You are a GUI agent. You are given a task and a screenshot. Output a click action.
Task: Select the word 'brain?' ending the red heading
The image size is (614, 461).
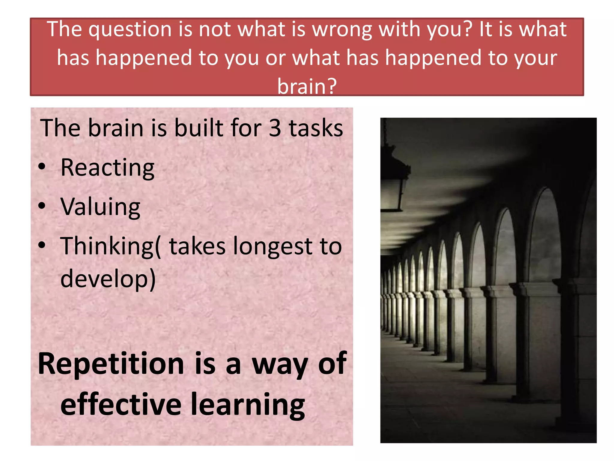pos(307,86)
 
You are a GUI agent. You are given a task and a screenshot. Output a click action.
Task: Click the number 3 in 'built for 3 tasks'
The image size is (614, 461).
pos(275,128)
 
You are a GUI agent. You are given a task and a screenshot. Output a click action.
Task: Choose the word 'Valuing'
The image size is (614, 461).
pos(100,207)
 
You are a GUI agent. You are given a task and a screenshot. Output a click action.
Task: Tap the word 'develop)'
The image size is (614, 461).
pos(108,279)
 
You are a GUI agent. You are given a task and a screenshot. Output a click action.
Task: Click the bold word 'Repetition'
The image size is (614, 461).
pos(111,364)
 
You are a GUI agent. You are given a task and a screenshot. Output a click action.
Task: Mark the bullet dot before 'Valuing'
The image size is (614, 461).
pos(42,206)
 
